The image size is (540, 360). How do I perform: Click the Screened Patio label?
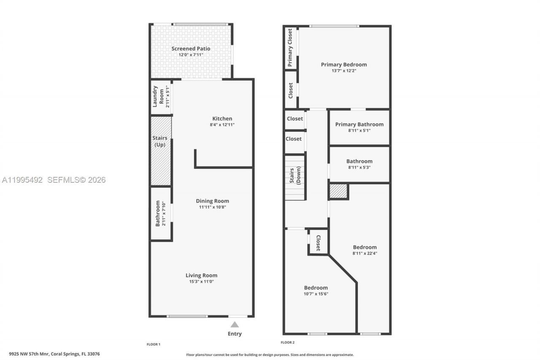[x=191, y=49]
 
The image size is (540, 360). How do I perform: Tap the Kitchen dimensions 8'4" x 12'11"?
[x=222, y=125]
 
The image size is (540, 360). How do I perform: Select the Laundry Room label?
[x=158, y=96]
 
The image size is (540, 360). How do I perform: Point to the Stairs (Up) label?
[x=160, y=141]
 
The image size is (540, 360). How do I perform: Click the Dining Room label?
[x=212, y=201]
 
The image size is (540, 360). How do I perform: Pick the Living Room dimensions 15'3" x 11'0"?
[x=201, y=282]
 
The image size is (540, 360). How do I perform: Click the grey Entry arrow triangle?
[x=235, y=324]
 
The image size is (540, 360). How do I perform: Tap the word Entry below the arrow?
[x=235, y=334]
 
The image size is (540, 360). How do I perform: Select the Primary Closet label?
[x=290, y=48]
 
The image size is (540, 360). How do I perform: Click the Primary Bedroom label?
[x=344, y=65]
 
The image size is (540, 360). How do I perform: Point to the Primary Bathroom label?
[x=359, y=124]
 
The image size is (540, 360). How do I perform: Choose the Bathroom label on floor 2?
[x=359, y=161]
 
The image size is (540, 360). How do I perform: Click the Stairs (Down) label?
[x=294, y=178]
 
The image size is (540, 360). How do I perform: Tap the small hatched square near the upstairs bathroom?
[x=338, y=191]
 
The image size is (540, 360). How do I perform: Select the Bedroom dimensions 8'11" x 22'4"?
[x=365, y=253]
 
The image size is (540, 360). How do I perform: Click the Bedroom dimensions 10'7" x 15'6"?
[x=316, y=294]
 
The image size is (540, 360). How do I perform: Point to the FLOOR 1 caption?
[x=153, y=344]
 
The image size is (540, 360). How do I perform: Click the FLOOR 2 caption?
[x=288, y=342]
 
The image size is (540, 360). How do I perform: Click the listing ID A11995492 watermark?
[x=22, y=180]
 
